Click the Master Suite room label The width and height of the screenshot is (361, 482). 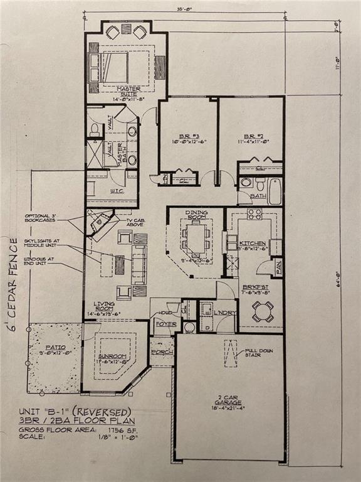coord(127,92)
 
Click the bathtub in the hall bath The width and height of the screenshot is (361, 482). coord(274,191)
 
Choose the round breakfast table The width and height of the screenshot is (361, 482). coord(262,311)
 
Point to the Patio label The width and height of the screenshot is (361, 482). coord(54,346)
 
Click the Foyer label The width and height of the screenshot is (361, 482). coord(164,324)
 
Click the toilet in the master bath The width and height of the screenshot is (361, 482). coord(95,131)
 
